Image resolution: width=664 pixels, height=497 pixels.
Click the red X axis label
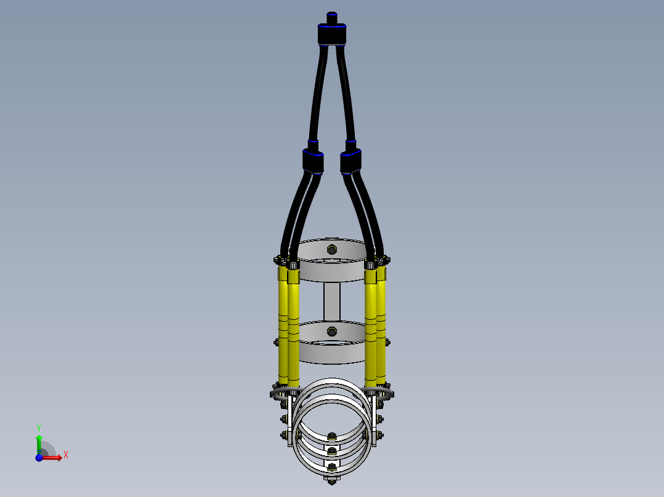[66, 455]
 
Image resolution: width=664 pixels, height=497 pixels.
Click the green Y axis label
[39, 427]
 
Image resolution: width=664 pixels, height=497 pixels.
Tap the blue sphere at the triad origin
[39, 458]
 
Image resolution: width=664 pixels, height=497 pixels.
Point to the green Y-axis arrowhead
[39, 437]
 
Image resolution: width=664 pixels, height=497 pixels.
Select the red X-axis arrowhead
[60, 457]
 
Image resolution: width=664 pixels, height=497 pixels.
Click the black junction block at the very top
[332, 34]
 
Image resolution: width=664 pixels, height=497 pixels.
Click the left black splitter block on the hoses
[313, 161]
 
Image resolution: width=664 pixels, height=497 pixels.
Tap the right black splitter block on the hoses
[350, 161]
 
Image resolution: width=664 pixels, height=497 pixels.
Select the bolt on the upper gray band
[332, 250]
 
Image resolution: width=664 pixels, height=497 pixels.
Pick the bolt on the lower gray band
[332, 332]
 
